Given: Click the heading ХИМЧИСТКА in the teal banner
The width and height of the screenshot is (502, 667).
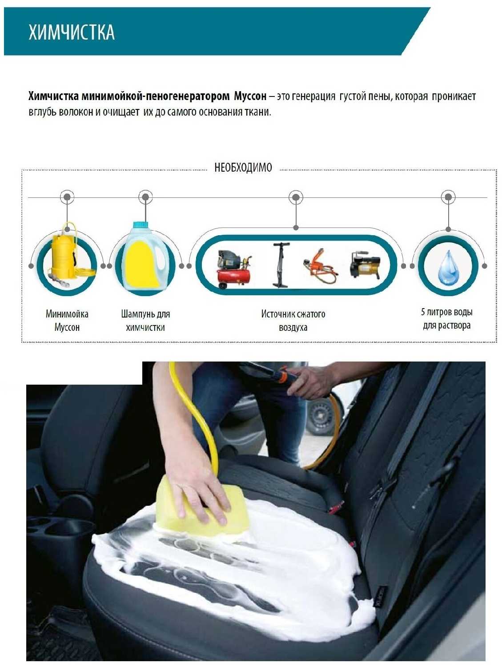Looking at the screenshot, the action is click(72, 32).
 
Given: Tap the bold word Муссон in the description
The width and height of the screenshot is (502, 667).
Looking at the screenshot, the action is click(250, 96).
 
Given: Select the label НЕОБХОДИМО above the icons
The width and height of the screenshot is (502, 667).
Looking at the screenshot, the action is click(243, 168).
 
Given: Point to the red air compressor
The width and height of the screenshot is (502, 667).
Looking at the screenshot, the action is click(234, 269).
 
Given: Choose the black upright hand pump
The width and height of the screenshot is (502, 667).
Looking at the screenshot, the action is click(281, 265).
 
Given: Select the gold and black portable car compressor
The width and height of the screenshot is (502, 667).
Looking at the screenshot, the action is click(365, 265).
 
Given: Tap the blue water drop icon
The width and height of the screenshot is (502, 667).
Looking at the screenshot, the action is click(448, 267).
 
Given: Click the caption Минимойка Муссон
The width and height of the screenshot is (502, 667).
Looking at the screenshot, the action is click(67, 320).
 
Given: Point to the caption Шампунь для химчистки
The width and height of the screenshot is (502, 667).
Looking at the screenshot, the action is click(145, 321).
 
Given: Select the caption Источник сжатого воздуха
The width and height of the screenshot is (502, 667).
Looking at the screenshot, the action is click(293, 321).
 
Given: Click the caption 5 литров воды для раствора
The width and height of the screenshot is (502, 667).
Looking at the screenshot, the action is click(447, 319).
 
